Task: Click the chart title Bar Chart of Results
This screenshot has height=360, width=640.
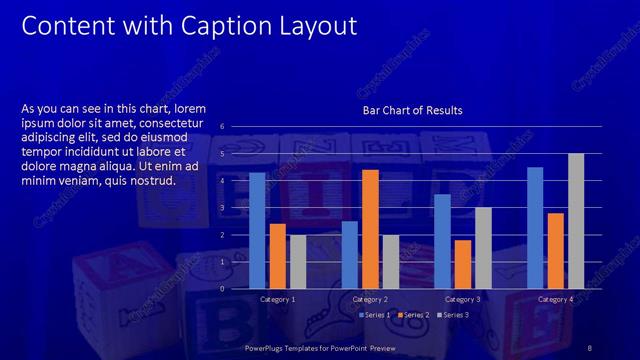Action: (412, 109)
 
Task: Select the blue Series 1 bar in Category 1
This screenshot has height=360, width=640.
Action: (257, 231)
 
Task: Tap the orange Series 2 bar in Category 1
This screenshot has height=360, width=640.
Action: (277, 256)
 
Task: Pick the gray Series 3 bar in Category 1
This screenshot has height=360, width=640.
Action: (297, 262)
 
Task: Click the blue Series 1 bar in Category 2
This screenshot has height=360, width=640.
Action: (349, 255)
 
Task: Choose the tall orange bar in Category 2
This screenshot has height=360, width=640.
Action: (370, 229)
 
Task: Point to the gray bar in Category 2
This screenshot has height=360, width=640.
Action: (390, 262)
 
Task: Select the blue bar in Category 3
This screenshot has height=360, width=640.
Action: (442, 241)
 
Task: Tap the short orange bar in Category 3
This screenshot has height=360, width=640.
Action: (462, 264)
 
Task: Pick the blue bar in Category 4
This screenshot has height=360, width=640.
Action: (535, 228)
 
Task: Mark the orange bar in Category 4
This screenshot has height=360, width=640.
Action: (555, 251)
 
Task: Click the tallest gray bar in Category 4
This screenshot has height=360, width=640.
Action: (575, 221)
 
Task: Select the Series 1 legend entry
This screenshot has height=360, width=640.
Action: (375, 315)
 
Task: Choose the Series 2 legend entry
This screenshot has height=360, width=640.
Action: (412, 315)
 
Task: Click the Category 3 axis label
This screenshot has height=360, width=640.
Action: (462, 299)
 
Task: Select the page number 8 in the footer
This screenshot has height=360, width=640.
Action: (590, 348)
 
